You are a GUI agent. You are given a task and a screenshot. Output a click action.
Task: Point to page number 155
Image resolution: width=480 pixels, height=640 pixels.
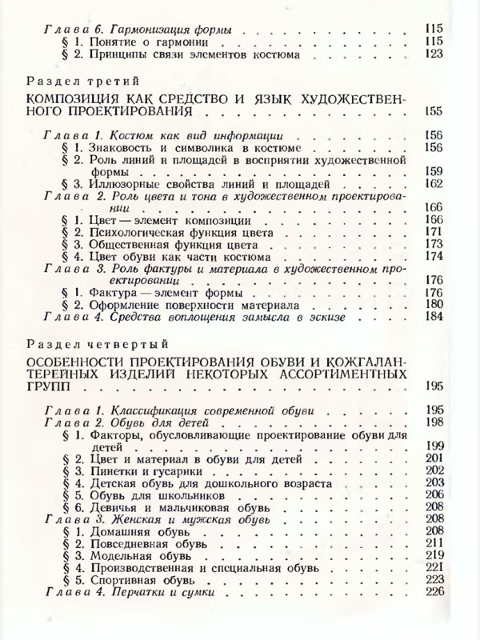[x=434, y=112]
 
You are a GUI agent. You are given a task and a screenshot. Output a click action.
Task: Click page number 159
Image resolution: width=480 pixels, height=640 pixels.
[x=434, y=170]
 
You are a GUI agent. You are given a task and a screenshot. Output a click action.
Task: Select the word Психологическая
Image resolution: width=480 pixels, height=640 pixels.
[x=139, y=232]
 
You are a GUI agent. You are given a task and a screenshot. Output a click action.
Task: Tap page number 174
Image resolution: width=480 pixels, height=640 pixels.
[x=434, y=258]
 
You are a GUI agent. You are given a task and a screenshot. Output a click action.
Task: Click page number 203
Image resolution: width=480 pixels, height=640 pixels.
[x=434, y=482]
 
